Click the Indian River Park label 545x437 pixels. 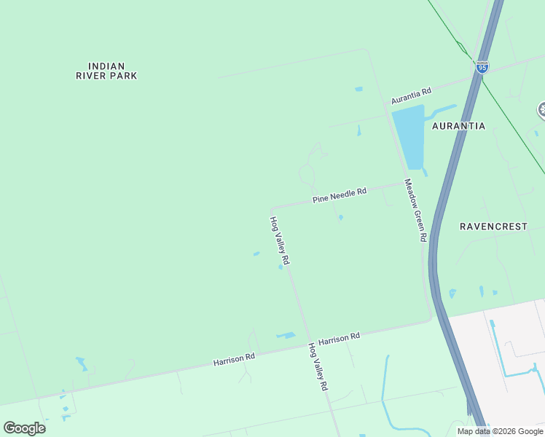106,71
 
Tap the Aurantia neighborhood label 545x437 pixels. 458,126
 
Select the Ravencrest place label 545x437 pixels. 493,227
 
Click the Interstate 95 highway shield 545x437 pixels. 482,67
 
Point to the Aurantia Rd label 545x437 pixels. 411,95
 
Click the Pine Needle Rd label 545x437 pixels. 339,194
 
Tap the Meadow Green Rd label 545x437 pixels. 415,210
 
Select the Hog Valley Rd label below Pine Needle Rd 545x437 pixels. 281,240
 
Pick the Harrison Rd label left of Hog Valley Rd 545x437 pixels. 234,358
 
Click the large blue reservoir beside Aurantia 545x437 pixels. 408,135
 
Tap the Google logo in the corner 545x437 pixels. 24,428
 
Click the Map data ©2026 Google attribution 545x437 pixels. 500,431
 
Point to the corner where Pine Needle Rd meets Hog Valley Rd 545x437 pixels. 272,208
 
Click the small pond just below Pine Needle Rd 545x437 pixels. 341,217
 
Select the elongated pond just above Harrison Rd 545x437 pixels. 286,336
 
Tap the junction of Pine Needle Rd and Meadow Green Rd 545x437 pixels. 404,182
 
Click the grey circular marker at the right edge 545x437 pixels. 542,111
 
